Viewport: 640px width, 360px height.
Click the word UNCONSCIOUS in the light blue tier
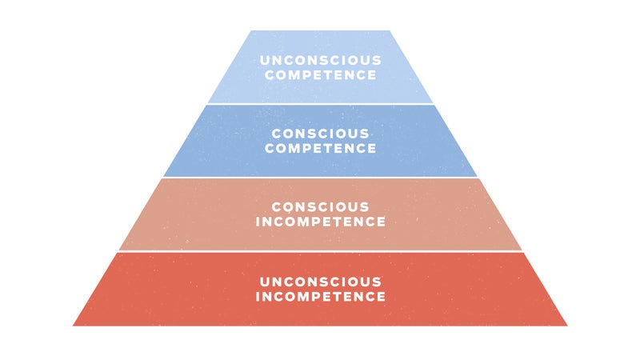(321, 61)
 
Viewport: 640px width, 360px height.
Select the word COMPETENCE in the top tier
(321, 75)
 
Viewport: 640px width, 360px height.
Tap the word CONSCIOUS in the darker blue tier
(321, 134)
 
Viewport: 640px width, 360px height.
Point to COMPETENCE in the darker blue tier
(321, 148)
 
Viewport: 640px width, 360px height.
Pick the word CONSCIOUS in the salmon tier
(321, 207)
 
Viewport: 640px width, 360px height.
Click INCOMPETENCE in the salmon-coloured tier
(321, 222)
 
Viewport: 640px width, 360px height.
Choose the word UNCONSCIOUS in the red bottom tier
(321, 282)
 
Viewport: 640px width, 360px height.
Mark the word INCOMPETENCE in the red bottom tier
(321, 296)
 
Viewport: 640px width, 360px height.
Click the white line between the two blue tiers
(321, 104)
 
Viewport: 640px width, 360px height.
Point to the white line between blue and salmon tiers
(321, 178)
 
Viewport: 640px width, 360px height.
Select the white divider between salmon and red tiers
(321, 251)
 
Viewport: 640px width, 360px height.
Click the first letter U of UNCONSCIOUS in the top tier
(265, 61)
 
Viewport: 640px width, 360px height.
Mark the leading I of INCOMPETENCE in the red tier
(258, 296)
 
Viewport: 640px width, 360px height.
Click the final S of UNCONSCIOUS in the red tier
(377, 282)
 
